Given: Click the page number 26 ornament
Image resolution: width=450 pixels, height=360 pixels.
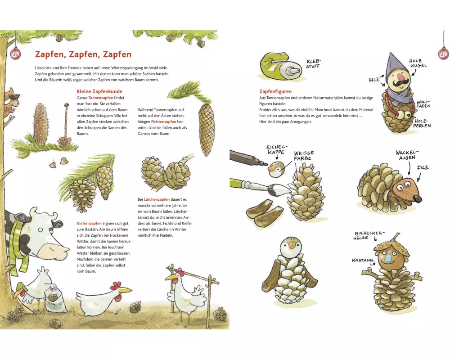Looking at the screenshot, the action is pos(15,54).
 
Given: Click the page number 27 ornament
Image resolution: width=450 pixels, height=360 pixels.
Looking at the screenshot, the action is pos(443,54).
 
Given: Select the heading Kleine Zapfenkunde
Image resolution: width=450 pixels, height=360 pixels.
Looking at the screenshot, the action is pos(99,91).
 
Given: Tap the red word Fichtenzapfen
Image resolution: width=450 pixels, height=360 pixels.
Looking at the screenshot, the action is pos(164,121).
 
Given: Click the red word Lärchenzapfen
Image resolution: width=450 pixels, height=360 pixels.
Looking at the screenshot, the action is pos(157,199).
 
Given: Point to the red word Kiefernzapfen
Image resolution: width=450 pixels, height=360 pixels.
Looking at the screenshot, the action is pos(89,223).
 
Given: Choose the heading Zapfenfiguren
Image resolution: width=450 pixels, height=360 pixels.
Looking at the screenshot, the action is pos(275,91).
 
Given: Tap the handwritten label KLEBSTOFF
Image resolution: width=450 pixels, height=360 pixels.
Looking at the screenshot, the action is pos(313,64).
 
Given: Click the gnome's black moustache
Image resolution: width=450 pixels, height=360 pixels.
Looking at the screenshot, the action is pos(399,84).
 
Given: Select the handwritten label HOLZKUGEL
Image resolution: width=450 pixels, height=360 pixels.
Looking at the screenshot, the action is pos(418,63).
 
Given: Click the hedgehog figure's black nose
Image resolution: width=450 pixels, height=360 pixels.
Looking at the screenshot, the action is pos(418,198).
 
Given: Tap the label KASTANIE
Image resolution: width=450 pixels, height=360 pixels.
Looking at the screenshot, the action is pos(363,261).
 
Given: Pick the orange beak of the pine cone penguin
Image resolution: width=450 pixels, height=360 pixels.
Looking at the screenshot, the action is pos(292,246).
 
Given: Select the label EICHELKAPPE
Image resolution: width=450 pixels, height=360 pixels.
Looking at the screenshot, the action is pos(277,149).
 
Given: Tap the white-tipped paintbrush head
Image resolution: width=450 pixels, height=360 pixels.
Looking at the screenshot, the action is pos(280,189).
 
